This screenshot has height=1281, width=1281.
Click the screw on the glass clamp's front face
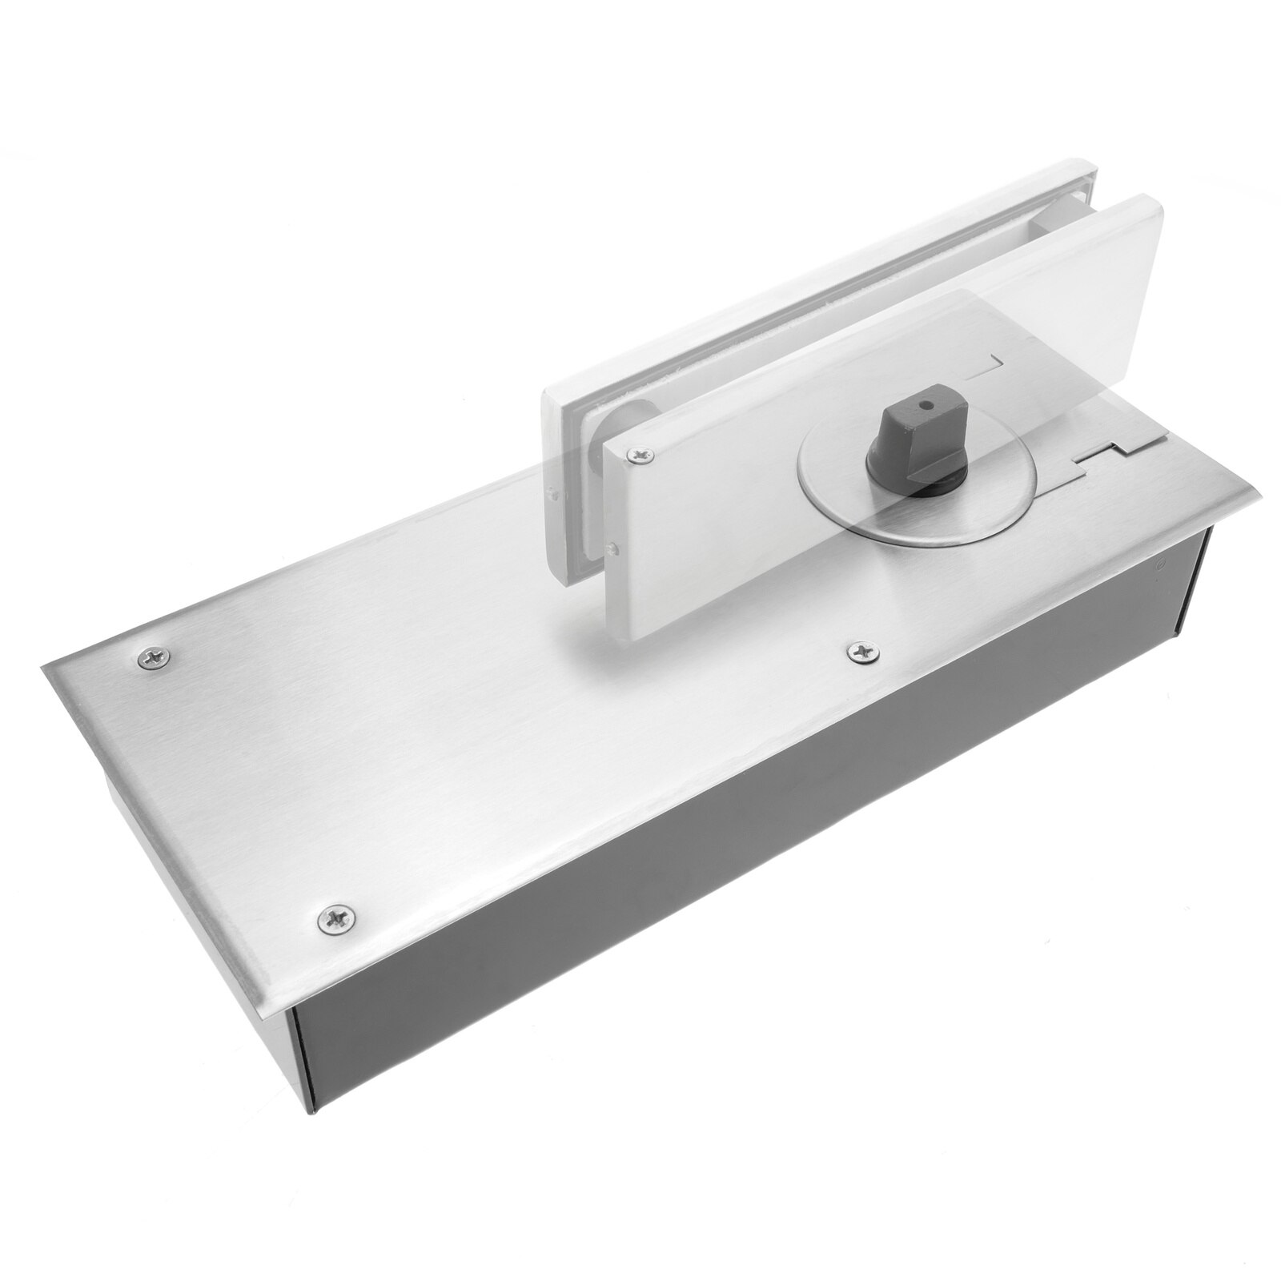click(641, 456)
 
